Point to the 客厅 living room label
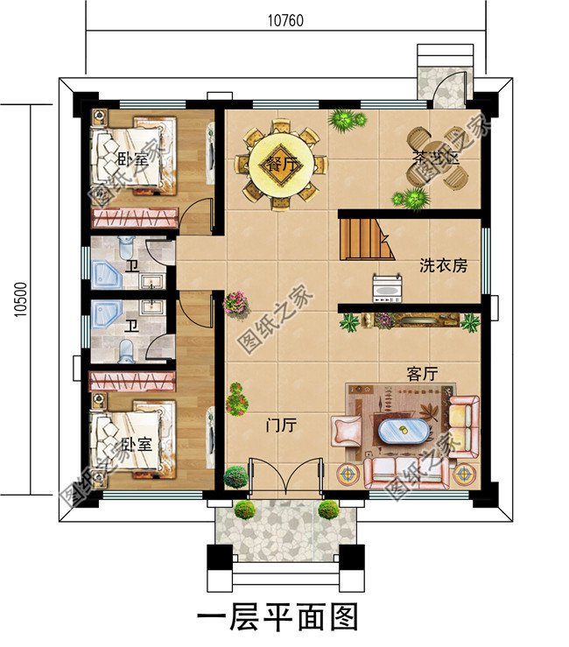tap(422, 373)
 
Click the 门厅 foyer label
tap(281, 425)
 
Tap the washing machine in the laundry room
tap(388, 285)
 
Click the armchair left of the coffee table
tap(347, 431)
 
